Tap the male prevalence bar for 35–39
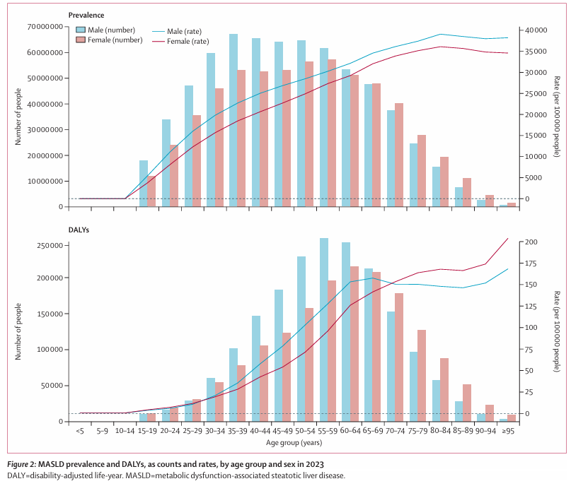point(233,120)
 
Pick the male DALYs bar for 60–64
point(346,332)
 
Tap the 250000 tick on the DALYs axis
point(49,246)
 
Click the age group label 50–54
point(305,429)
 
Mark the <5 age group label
point(79,429)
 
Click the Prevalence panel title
point(86,14)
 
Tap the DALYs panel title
point(79,230)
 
